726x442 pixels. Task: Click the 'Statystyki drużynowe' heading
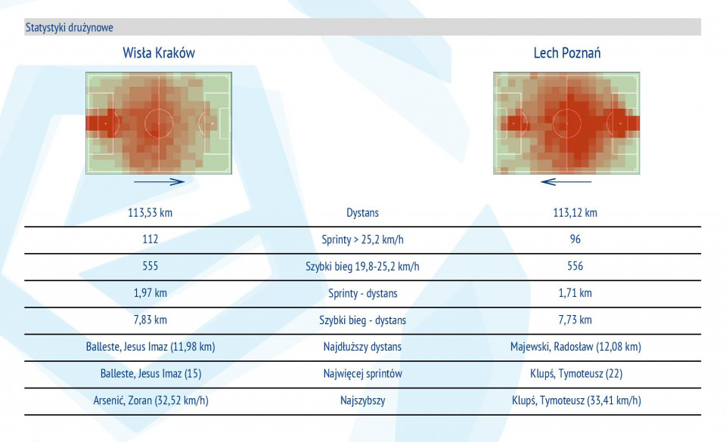point(70,27)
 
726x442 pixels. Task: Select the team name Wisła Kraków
point(159,53)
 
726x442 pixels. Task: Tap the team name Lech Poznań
point(567,53)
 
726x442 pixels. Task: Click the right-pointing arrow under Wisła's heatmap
point(159,181)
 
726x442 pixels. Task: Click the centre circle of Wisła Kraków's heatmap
point(159,123)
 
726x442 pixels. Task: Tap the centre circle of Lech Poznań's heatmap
point(566,123)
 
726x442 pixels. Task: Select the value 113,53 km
point(150,212)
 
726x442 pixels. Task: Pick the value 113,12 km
point(575,212)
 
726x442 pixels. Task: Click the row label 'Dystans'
point(362,213)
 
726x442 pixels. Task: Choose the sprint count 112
point(150,240)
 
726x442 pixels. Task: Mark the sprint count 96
point(575,240)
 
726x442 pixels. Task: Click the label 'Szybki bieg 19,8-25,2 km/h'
point(362,266)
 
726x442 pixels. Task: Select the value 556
point(575,266)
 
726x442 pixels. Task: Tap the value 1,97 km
point(150,293)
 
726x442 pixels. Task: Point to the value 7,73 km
point(575,320)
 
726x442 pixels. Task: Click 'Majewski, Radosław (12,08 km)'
point(576,347)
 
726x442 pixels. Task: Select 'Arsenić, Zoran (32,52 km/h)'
point(150,400)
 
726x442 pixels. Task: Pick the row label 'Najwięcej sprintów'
point(362,373)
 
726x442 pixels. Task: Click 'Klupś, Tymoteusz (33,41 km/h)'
point(576,400)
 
